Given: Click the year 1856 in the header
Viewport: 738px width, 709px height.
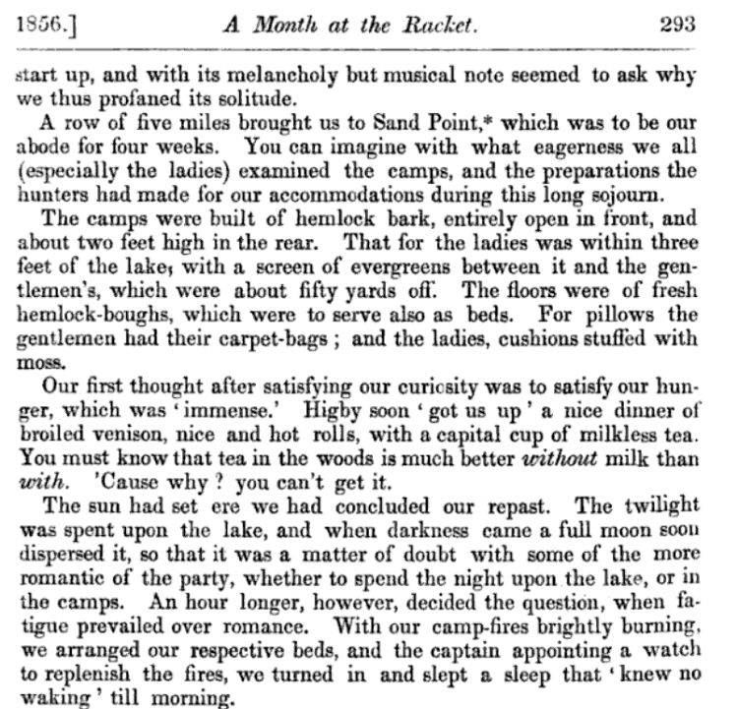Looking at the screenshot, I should [39, 25].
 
